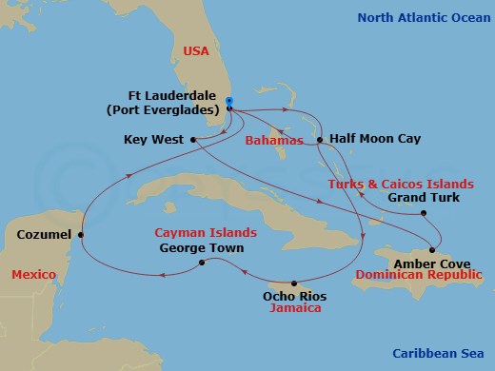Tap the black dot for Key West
point(193,139)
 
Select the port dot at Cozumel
point(81,234)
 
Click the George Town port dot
point(201,264)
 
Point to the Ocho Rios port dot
point(294,283)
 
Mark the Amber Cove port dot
point(432,250)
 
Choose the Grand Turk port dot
point(424,213)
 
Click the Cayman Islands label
point(206,232)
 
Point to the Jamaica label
point(293,309)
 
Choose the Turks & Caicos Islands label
point(401,183)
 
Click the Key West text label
point(153,139)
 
